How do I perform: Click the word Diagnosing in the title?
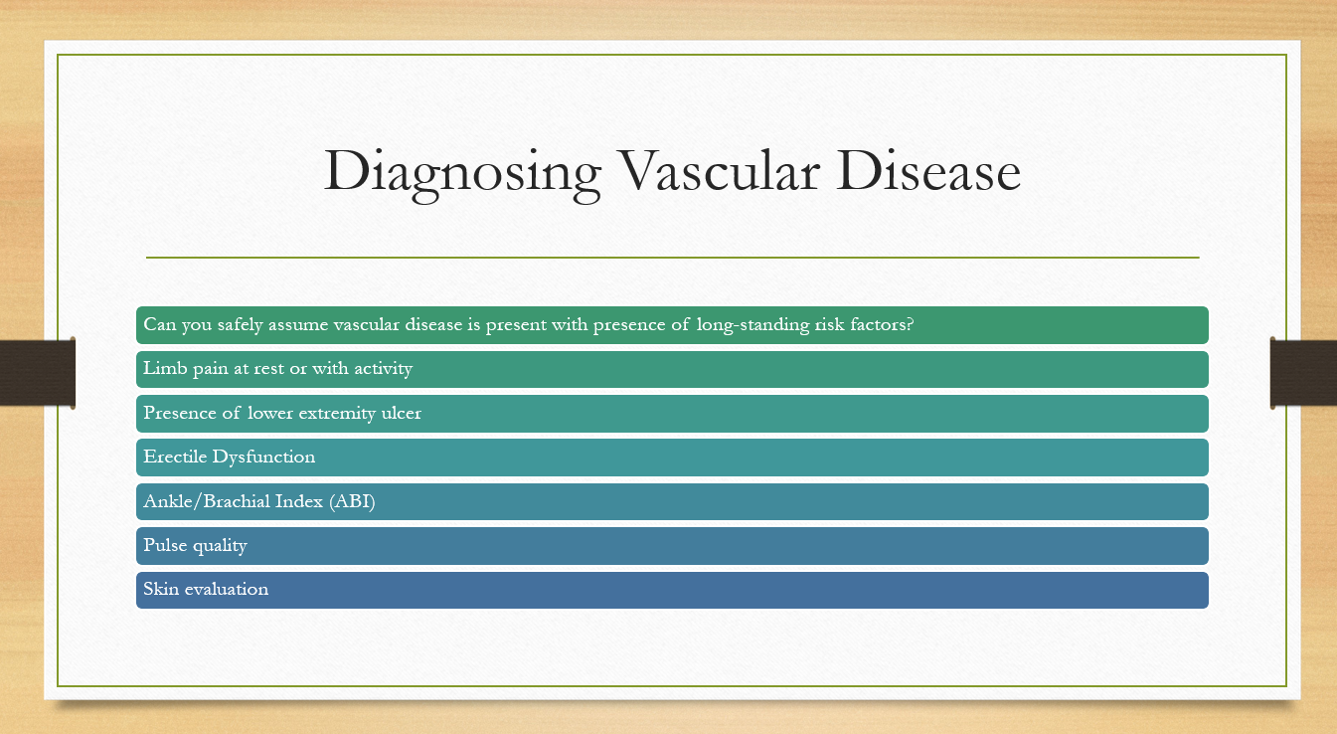coord(462,174)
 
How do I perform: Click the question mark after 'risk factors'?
coord(909,323)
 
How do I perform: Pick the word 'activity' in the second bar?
coord(383,369)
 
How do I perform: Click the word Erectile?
coord(175,457)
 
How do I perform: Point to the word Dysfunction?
coord(263,458)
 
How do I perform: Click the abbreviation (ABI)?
coord(352,501)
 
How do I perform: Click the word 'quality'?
coord(220,546)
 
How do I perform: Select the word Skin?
coord(161,589)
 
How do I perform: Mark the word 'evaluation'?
coord(227,589)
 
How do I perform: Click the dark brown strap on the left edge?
coord(38,373)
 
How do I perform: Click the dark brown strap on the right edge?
coord(1303,373)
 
